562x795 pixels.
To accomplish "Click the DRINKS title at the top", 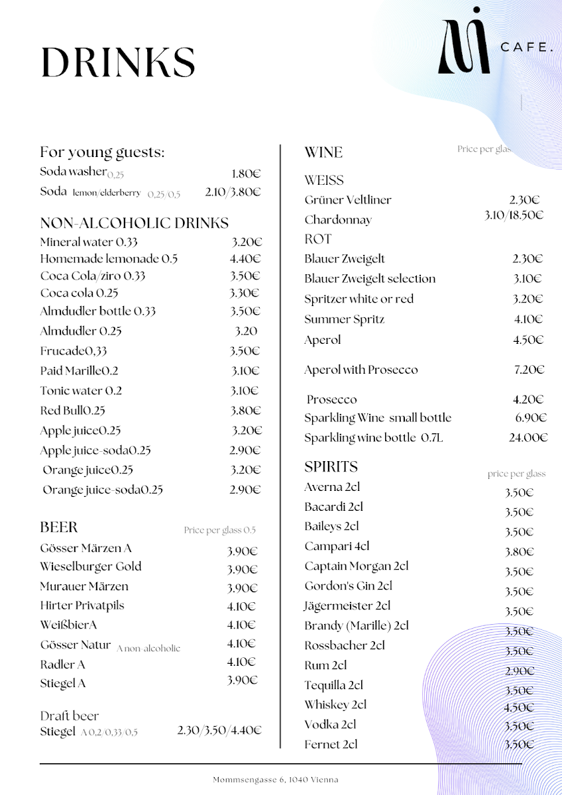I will (x=118, y=62).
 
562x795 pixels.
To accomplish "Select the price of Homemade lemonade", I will (x=245, y=259).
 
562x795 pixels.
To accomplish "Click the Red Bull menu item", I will (x=72, y=411).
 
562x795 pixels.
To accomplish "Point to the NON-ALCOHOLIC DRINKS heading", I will (x=134, y=223).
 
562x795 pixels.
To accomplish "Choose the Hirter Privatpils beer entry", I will (x=82, y=606).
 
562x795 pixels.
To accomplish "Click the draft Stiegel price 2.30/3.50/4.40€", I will (x=219, y=731).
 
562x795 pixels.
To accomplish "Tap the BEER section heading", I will (x=59, y=527).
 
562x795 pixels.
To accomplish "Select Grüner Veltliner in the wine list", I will (x=348, y=200).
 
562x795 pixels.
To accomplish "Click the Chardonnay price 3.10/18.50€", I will (x=514, y=215).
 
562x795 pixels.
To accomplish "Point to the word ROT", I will (x=317, y=239).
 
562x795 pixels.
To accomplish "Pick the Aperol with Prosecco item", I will (x=361, y=370).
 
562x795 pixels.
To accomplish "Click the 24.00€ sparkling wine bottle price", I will (x=528, y=437).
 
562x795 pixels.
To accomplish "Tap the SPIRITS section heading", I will (x=331, y=467).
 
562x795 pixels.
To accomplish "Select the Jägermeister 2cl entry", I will (x=347, y=606).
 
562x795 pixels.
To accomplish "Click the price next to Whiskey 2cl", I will (x=519, y=707).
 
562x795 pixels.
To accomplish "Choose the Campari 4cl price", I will (x=519, y=552).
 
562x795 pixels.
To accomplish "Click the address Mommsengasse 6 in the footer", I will (x=275, y=780).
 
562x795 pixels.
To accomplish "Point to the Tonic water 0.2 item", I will (x=81, y=391).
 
